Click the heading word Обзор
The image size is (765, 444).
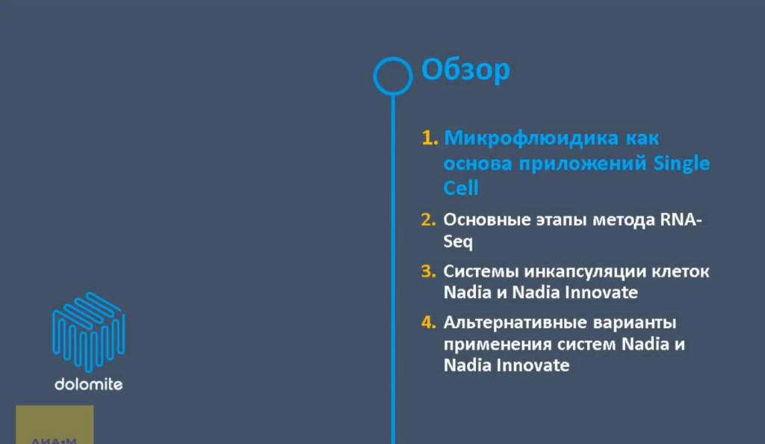coord(465,70)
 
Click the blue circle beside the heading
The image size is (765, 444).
coord(392,75)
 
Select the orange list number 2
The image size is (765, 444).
coord(427,221)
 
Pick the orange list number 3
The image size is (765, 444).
coord(427,271)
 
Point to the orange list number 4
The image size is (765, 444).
coord(427,323)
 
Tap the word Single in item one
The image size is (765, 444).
coord(682,163)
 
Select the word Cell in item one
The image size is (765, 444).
coord(461,188)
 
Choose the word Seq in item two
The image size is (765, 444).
coord(458,243)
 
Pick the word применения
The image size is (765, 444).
coord(494,345)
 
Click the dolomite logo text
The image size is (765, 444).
coord(88,384)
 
